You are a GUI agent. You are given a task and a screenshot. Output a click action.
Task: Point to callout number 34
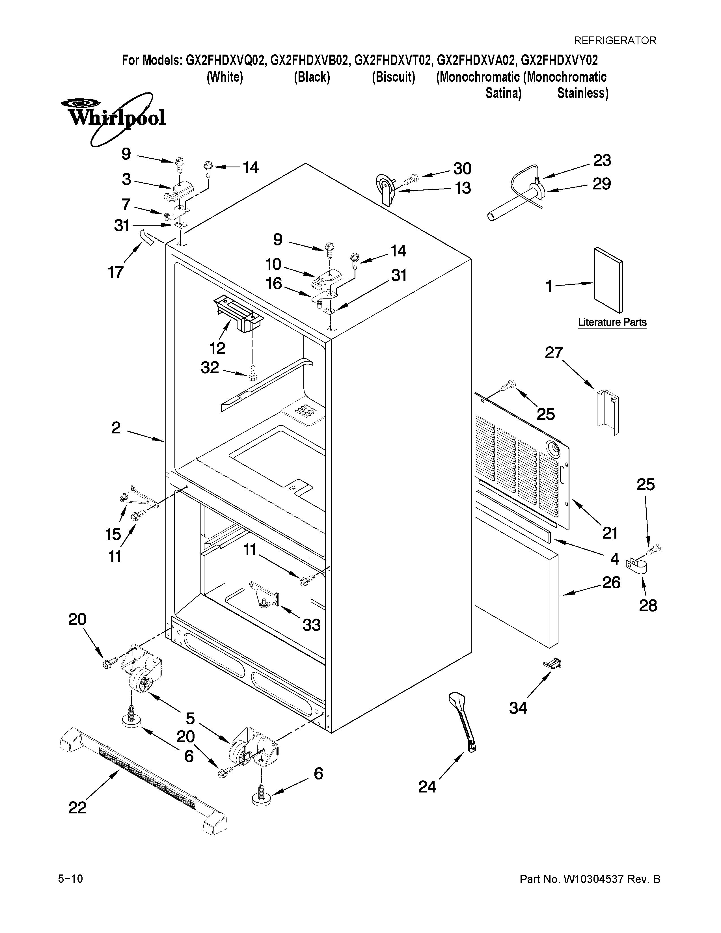(x=518, y=708)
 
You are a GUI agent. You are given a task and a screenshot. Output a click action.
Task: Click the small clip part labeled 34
(x=552, y=663)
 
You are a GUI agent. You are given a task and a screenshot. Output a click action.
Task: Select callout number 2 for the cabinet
(x=116, y=427)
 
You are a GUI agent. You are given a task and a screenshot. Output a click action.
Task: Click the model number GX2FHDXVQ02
(x=226, y=61)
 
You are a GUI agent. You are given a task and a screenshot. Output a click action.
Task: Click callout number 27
(x=554, y=353)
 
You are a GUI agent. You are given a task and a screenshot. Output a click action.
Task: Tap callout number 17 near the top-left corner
(x=115, y=272)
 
